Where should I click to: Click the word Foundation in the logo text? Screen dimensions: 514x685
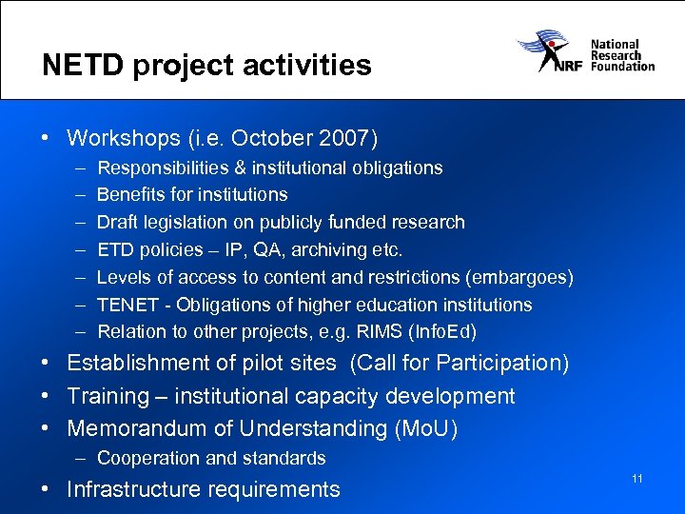pyautogui.click(x=622, y=67)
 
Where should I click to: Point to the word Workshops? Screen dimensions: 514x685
pyautogui.click(x=124, y=138)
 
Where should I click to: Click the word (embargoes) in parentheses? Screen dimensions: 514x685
pyautogui.click(x=522, y=277)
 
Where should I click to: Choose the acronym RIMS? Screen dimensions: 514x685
pyautogui.click(x=400, y=332)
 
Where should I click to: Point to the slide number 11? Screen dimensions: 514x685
pyautogui.click(x=636, y=478)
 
